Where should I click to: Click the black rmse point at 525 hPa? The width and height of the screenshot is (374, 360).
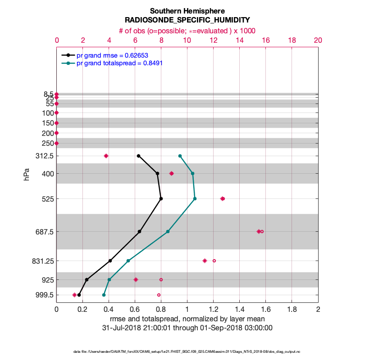161,198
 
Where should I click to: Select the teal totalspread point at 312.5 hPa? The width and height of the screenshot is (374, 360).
180,156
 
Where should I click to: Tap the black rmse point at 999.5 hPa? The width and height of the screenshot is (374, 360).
79,295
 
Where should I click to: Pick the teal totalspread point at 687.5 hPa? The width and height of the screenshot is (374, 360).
168,232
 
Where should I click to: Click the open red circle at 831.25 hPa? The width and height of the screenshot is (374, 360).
214,261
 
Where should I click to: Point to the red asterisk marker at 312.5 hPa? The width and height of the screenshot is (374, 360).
106,156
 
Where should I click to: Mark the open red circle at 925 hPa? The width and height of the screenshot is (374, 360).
161,279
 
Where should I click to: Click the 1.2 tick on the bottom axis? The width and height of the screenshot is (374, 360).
213,310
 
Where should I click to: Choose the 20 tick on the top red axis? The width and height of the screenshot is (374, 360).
318,40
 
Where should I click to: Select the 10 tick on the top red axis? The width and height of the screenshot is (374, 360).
187,40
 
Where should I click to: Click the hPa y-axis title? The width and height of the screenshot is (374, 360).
27,175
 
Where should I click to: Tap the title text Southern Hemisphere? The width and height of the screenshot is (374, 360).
187,11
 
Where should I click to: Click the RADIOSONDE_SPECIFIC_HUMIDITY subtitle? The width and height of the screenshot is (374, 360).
187,20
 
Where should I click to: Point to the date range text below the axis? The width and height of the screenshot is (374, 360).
187,328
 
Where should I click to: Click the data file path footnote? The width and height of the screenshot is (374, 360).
187,351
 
